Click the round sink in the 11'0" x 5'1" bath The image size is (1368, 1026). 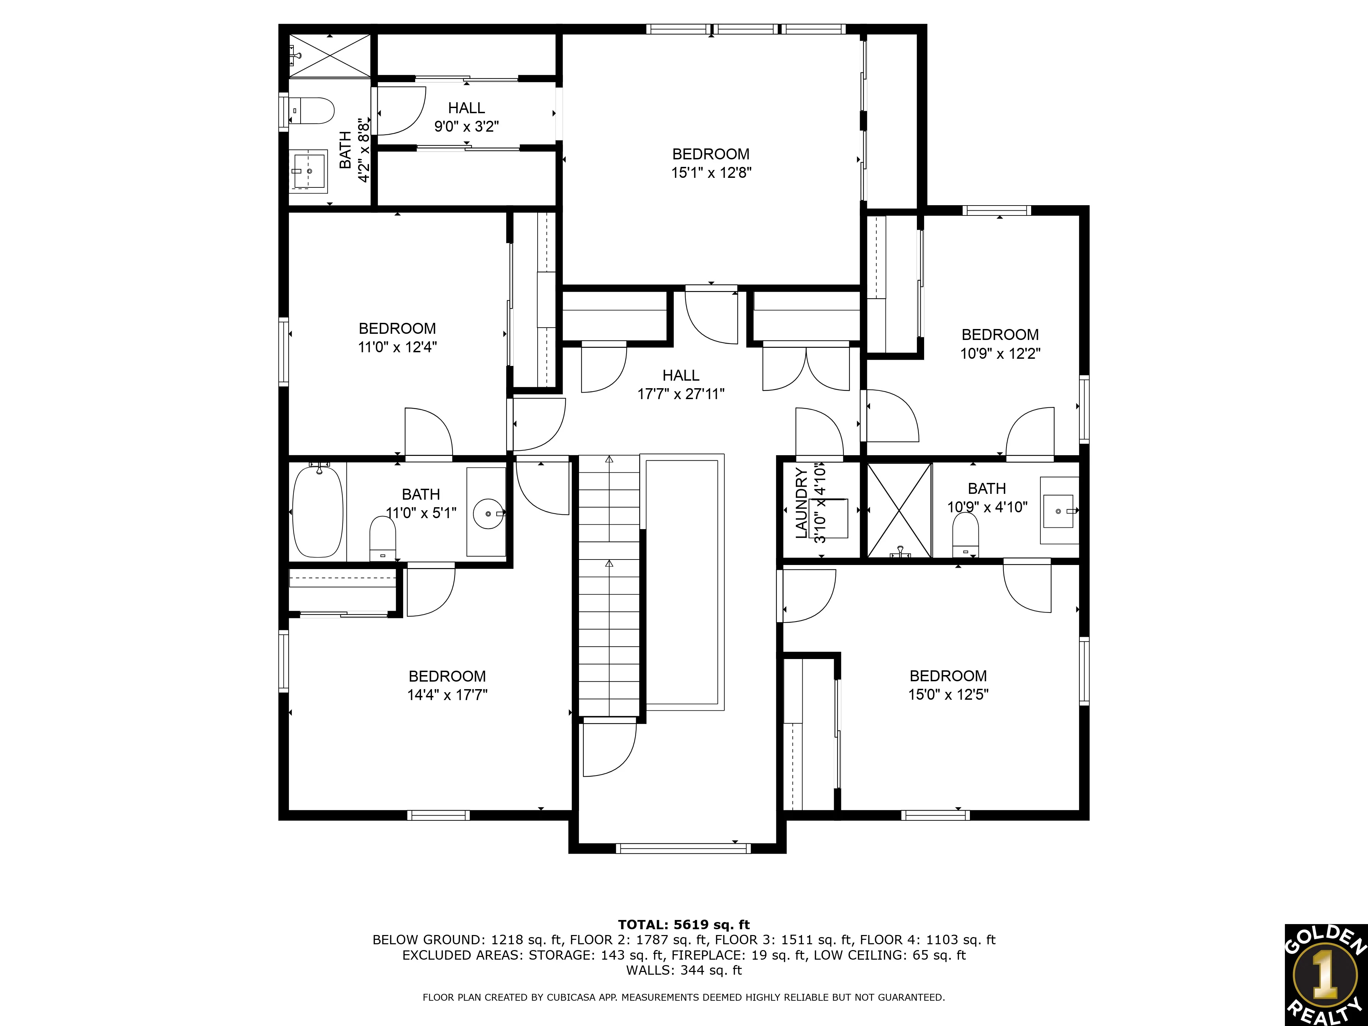[x=489, y=513]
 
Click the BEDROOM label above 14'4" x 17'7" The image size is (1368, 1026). [x=447, y=676]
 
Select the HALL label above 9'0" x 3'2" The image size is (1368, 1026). [x=466, y=108]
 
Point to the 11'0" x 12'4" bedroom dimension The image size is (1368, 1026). [x=397, y=347]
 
